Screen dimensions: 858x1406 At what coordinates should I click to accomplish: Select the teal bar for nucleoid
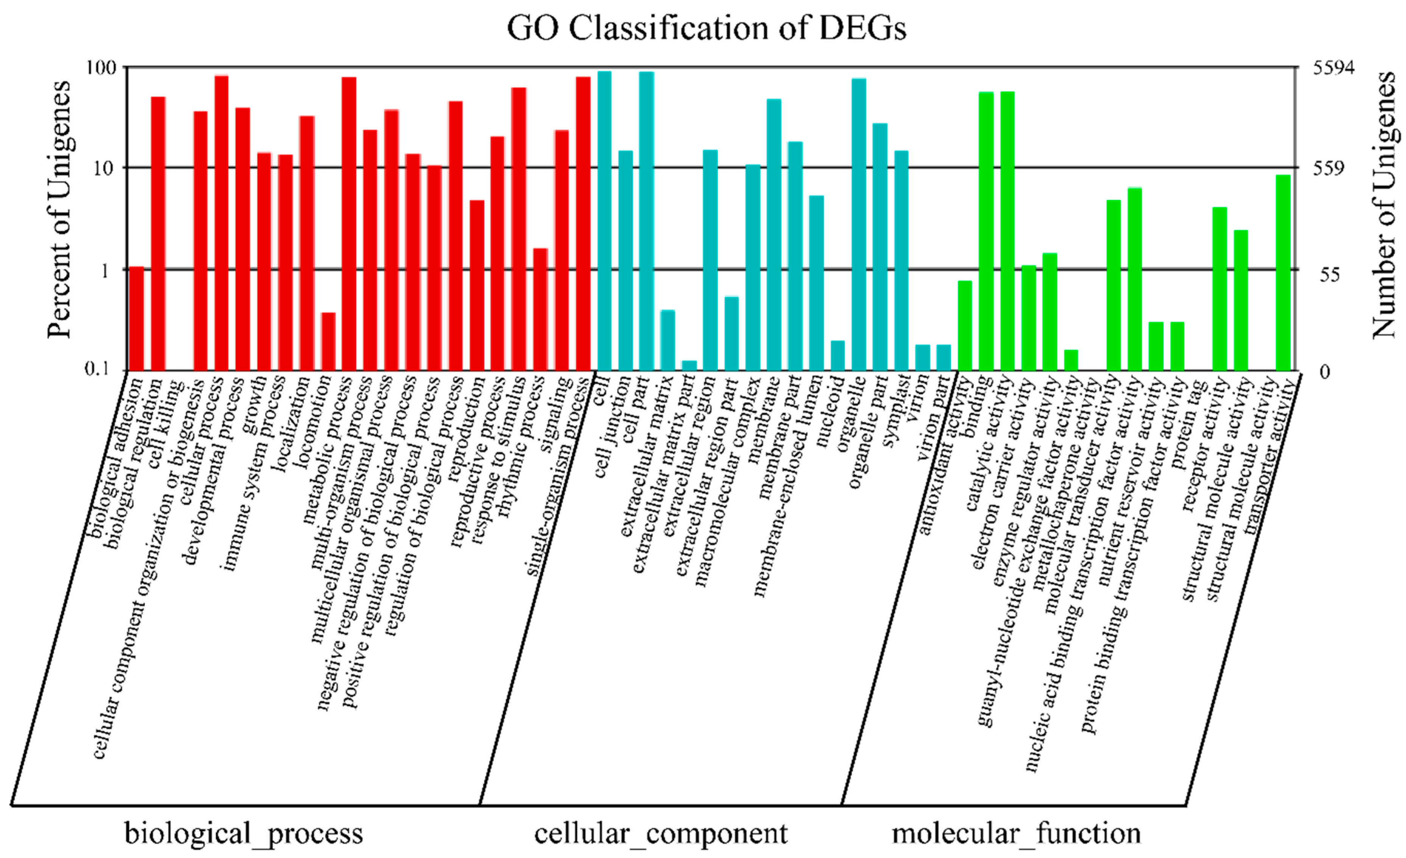click(x=838, y=355)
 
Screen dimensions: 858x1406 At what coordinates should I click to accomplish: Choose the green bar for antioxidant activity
click(x=965, y=325)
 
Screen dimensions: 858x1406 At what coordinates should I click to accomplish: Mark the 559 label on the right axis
click(x=1329, y=168)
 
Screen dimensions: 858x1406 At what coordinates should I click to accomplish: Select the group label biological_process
click(x=244, y=833)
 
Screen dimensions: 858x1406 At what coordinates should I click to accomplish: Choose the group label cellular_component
click(x=661, y=833)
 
